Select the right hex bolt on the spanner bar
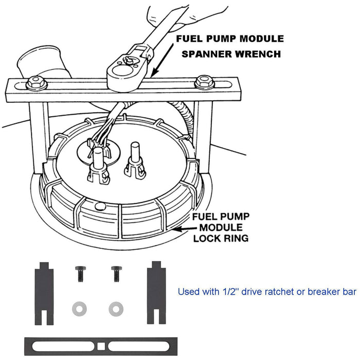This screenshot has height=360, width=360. point(205,81)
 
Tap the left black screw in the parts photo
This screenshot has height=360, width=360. point(81,272)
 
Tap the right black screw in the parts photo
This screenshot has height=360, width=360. point(116,272)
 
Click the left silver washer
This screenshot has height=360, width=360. point(78,308)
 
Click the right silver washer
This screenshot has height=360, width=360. point(115,308)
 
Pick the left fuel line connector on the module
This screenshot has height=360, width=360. point(98,167)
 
